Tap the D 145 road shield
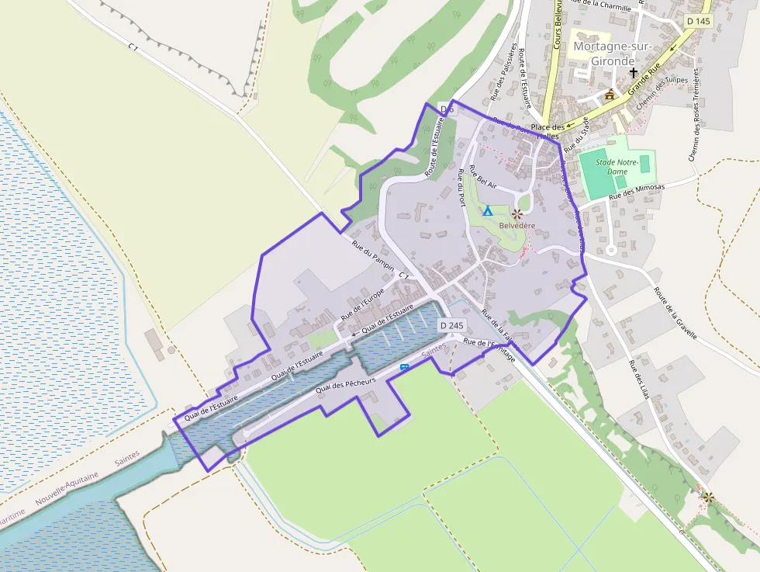[698, 21]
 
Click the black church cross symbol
[634, 73]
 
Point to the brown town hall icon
[610, 95]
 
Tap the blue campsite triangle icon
[488, 211]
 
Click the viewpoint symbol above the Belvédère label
[516, 212]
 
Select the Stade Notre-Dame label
[617, 166]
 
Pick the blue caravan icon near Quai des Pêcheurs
[404, 367]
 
